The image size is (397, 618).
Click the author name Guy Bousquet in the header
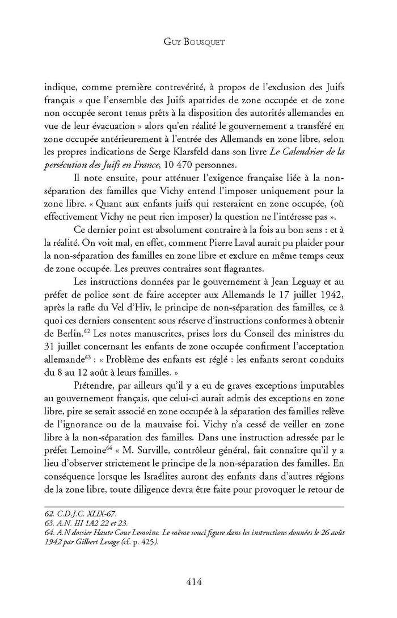pyautogui.click(x=198, y=41)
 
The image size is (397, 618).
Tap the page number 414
pyautogui.click(x=198, y=581)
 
